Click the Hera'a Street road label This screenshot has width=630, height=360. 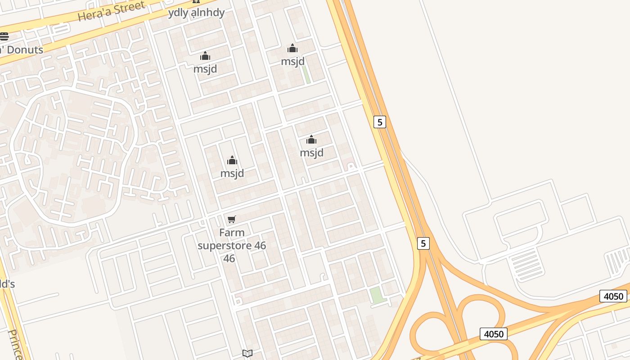click(x=111, y=11)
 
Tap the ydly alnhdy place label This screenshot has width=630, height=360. click(x=196, y=13)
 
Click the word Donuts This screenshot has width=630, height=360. click(x=25, y=49)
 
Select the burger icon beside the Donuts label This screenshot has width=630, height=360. click(x=4, y=36)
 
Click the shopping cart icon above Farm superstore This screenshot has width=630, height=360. click(x=232, y=220)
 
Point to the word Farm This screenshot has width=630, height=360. click(x=232, y=233)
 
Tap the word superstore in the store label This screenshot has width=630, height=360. click(x=232, y=246)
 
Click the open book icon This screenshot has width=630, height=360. click(x=247, y=353)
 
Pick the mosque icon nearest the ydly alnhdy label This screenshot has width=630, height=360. click(x=205, y=56)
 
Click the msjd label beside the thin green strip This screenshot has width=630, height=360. click(x=293, y=61)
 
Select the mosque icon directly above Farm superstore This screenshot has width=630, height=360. click(x=232, y=160)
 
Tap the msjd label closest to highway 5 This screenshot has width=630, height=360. click(x=312, y=153)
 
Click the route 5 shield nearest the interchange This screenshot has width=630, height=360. click(x=423, y=243)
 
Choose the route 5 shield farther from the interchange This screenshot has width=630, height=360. click(x=380, y=122)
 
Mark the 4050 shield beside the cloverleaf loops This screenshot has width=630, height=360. click(x=493, y=334)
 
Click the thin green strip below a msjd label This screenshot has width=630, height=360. click(x=306, y=75)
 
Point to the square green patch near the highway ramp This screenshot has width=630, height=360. click(x=376, y=295)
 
